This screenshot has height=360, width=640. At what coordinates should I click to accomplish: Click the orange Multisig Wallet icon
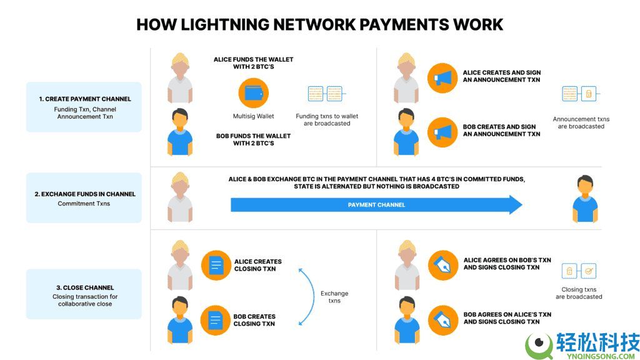(x=253, y=94)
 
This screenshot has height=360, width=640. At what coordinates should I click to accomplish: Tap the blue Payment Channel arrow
(x=376, y=204)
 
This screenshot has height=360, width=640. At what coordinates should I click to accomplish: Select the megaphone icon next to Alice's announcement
(x=442, y=77)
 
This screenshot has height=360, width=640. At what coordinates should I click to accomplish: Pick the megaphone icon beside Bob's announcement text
(x=442, y=131)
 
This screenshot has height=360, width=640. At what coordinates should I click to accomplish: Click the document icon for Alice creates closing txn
(x=216, y=265)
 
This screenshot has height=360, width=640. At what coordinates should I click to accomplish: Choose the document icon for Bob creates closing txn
(x=216, y=320)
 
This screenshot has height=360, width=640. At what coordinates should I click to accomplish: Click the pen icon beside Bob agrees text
(x=442, y=320)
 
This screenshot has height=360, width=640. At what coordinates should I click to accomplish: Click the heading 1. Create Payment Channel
(x=84, y=99)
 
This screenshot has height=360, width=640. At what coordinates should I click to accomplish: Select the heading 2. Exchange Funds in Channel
(x=84, y=194)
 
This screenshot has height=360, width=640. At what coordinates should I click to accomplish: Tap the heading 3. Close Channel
(x=84, y=287)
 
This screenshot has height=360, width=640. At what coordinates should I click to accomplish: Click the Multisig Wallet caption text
(x=253, y=116)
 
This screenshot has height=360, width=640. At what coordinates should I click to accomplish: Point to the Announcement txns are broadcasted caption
(x=581, y=122)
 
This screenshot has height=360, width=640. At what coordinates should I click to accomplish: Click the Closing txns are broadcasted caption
(x=579, y=293)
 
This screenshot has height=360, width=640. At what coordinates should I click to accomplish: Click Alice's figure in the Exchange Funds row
(x=180, y=199)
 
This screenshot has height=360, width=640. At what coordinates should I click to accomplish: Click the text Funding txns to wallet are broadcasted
(x=327, y=119)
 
